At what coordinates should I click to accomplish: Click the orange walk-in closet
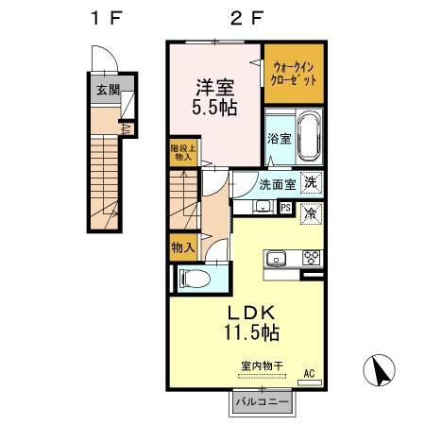[294, 73]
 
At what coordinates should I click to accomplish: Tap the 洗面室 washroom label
[277, 184]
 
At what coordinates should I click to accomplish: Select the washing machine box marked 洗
[312, 183]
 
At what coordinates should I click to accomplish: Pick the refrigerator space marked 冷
[311, 212]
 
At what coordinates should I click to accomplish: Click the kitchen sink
[278, 257]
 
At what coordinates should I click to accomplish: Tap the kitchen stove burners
[309, 257]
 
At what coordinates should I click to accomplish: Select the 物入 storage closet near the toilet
[182, 247]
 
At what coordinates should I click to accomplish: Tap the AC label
[308, 374]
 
